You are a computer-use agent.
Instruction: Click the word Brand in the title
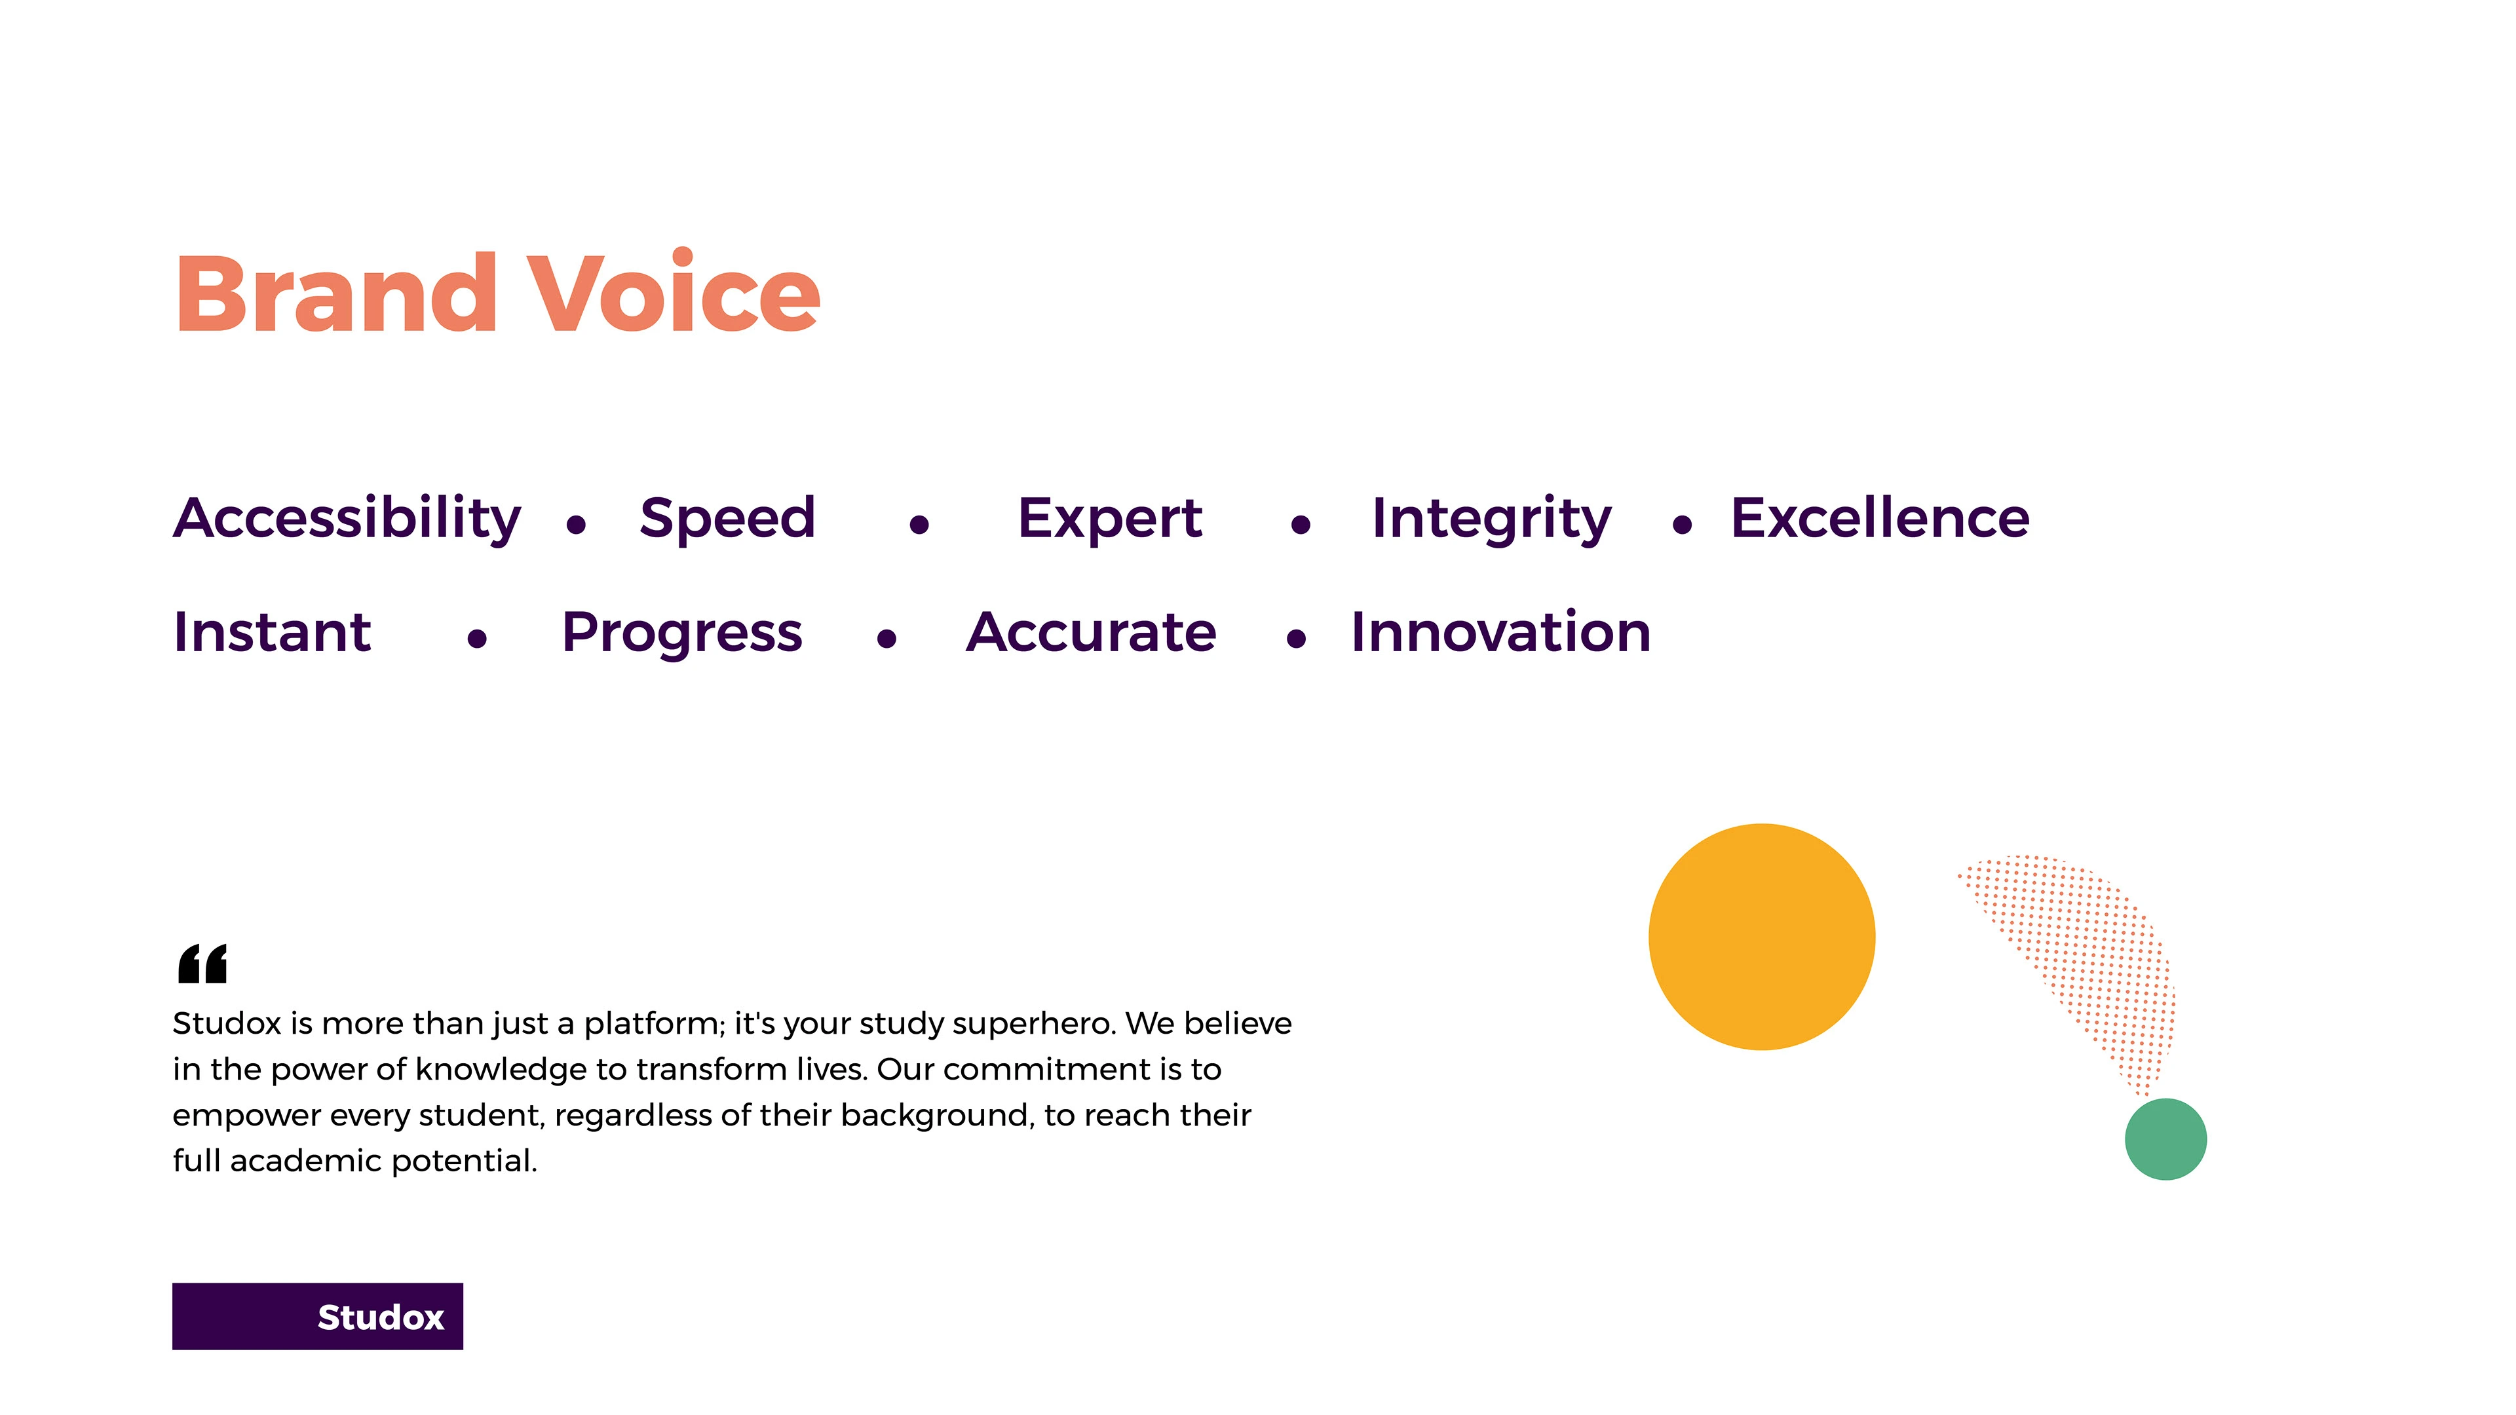(x=337, y=293)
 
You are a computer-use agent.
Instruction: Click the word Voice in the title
(x=674, y=291)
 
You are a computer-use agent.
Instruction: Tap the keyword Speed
(x=728, y=519)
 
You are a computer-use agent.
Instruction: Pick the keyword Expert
(x=1109, y=519)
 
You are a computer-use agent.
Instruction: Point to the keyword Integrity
(x=1491, y=519)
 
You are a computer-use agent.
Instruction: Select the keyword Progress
(x=681, y=633)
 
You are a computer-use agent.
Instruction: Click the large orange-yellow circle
(x=1761, y=937)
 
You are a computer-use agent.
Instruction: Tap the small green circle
(x=2165, y=1139)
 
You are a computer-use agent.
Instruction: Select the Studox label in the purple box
(x=381, y=1317)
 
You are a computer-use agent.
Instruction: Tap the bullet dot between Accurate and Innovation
(x=1296, y=639)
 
